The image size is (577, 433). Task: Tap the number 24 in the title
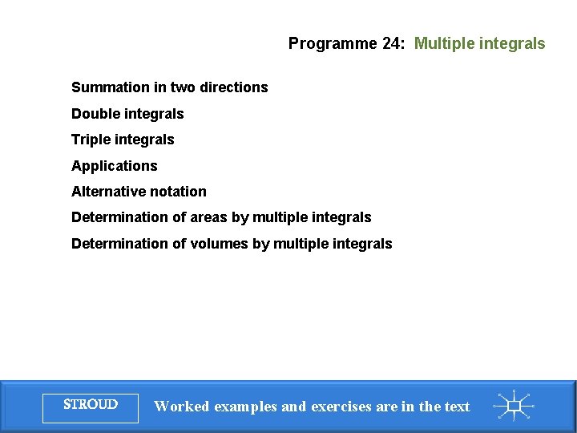(393, 44)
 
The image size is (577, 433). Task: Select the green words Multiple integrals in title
(479, 44)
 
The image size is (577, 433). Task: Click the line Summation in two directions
(169, 87)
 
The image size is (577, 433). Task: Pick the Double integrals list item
(127, 114)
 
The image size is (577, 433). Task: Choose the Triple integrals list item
(123, 140)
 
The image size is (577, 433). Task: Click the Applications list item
(115, 166)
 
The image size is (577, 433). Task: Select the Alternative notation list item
(139, 192)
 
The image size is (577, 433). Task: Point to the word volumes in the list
(219, 244)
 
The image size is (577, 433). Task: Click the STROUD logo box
(90, 406)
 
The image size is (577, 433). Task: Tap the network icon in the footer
(514, 406)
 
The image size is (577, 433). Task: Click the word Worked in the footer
(180, 407)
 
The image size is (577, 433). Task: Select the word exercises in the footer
(341, 407)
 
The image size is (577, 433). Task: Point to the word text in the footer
(456, 407)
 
